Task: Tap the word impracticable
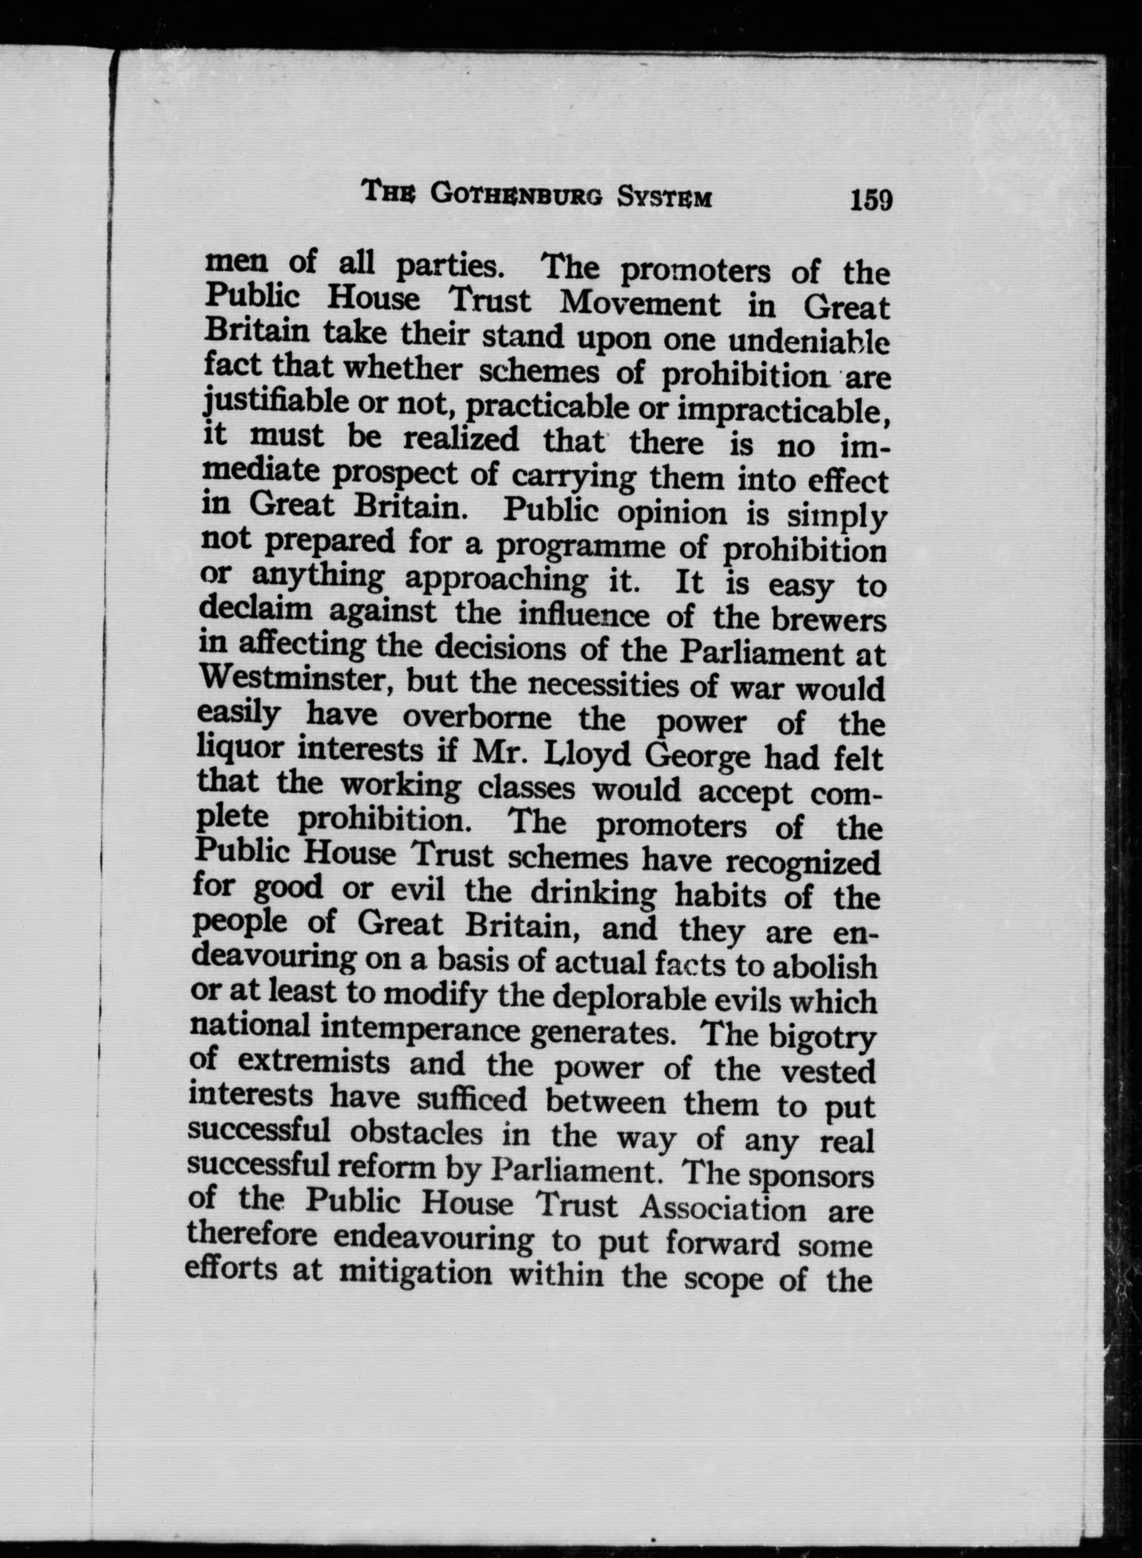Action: click(783, 412)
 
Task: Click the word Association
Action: click(723, 1208)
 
